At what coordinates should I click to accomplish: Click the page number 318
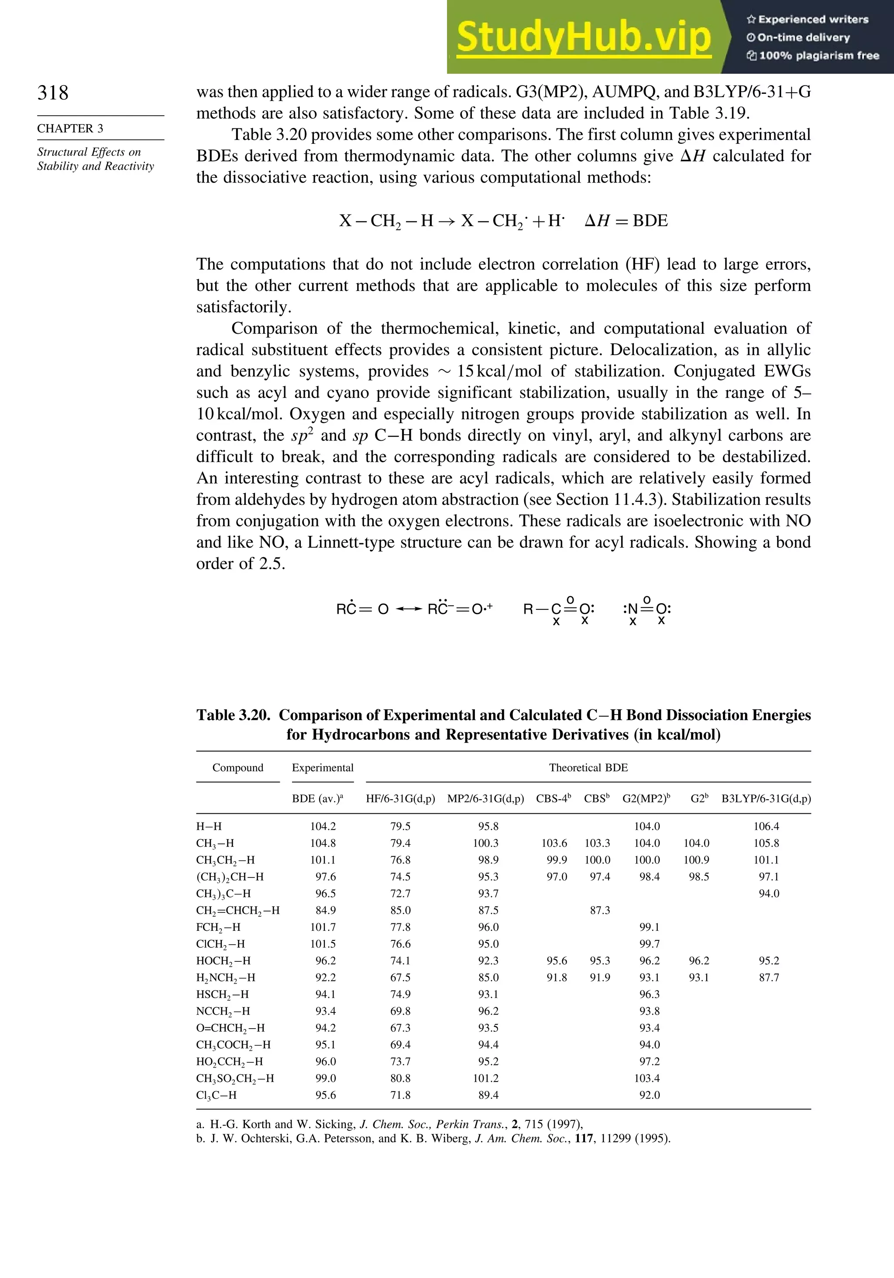pos(53,93)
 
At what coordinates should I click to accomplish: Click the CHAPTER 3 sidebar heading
pos(70,128)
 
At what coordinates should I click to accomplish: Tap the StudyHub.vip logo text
pos(584,37)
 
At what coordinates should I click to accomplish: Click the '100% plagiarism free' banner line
pos(813,55)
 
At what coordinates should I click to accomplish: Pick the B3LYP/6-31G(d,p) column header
pos(766,799)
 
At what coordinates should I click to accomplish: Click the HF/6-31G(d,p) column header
pos(400,799)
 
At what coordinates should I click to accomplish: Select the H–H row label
pos(209,826)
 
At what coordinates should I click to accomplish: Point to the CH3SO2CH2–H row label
pos(235,1078)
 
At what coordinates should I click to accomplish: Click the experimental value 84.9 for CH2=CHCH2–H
pos(326,910)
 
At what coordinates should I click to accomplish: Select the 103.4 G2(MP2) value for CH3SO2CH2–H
pos(647,1078)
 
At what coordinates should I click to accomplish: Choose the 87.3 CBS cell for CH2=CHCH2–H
pos(600,910)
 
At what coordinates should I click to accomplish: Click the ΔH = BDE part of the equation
pos(626,221)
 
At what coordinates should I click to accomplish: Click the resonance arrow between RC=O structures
pos(408,609)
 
